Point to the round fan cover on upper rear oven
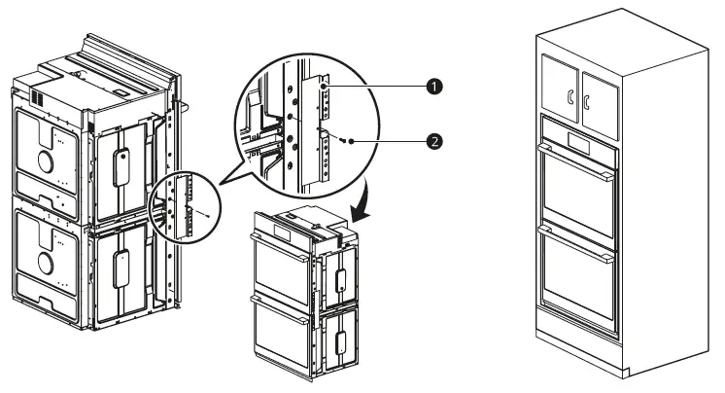[43, 159]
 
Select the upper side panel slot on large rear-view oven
[123, 167]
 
